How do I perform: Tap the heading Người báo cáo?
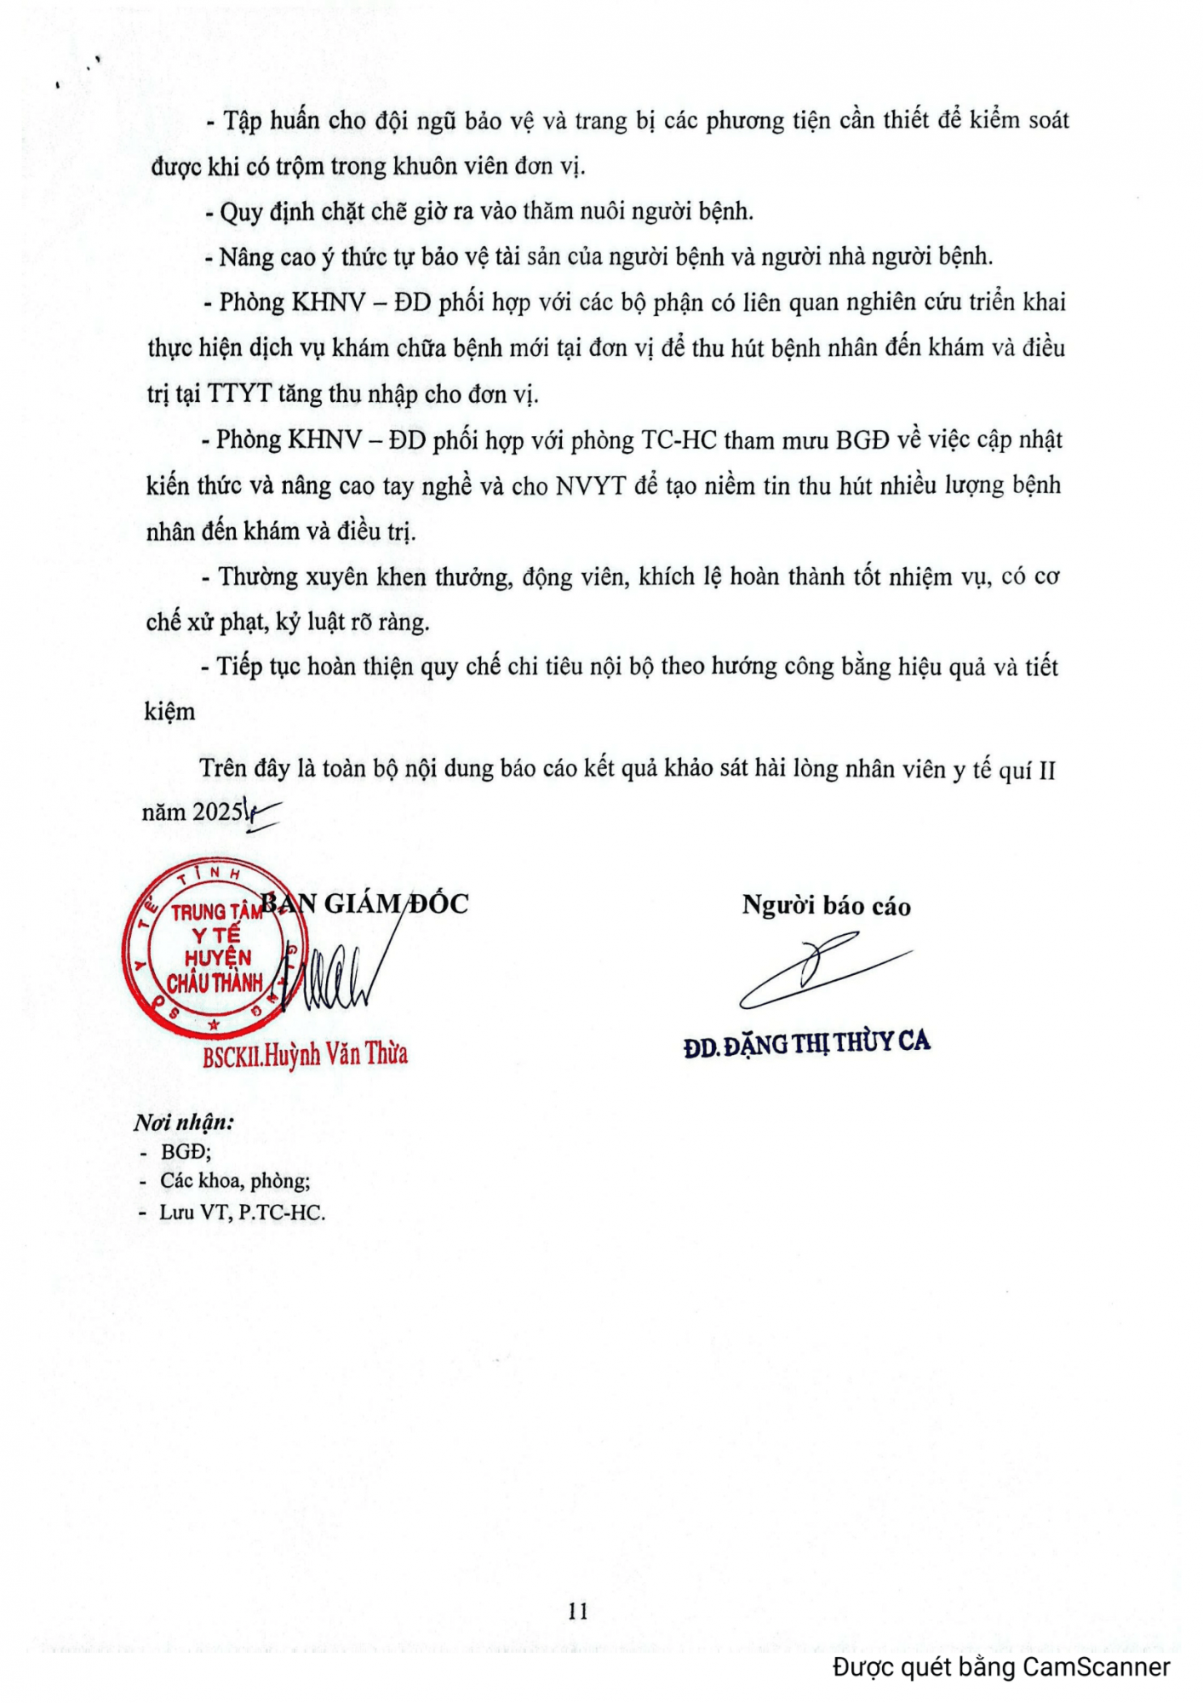826,906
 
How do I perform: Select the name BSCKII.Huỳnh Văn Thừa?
305,1055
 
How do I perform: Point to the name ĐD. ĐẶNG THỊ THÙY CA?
806,1044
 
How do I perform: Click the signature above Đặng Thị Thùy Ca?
822,971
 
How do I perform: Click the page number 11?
577,1611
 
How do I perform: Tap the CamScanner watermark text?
1001,1666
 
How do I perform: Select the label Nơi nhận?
184,1122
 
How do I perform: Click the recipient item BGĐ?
186,1152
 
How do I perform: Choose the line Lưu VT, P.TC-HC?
242,1213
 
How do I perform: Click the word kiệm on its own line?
169,712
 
